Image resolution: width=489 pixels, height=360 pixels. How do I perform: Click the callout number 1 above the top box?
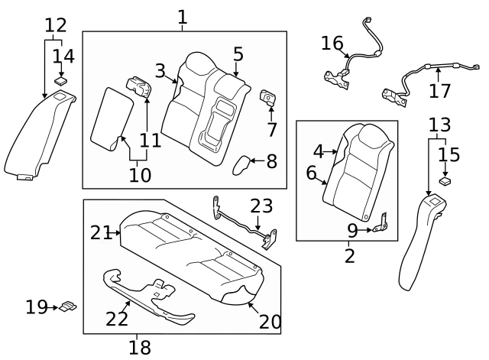coord(182,16)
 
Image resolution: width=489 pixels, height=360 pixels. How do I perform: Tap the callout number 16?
coord(332,43)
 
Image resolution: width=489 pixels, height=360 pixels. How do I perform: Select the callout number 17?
coord(439,91)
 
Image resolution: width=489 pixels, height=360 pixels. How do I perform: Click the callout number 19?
coord(36,307)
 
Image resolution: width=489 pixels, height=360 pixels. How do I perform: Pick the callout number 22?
coord(117,319)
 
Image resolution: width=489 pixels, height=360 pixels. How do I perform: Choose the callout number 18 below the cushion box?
coord(139,348)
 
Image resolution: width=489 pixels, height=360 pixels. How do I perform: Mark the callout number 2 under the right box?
coord(349,256)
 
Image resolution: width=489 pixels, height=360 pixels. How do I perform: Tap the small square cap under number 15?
coord(445,183)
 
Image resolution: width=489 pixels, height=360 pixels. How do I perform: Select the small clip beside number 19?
coord(67,306)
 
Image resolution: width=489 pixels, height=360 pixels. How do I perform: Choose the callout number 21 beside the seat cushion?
coord(101,232)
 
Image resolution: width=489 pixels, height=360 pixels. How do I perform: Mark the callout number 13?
coord(439,125)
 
